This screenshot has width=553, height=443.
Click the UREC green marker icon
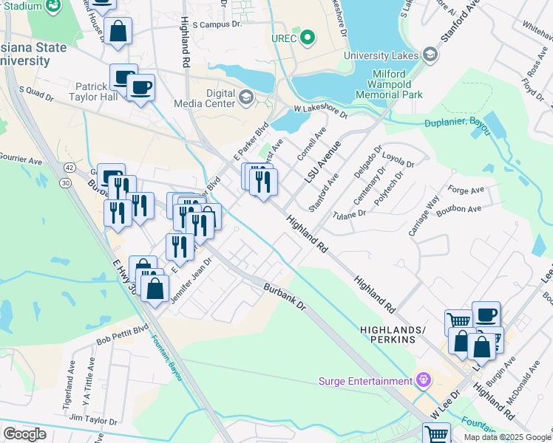309,38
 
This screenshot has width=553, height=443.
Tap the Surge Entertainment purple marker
423,381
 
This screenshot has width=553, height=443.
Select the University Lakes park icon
430,55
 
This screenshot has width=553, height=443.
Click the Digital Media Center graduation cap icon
245,97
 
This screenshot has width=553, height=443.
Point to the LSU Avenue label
322,163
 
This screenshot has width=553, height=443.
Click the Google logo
24,433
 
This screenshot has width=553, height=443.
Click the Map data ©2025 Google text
508,437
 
